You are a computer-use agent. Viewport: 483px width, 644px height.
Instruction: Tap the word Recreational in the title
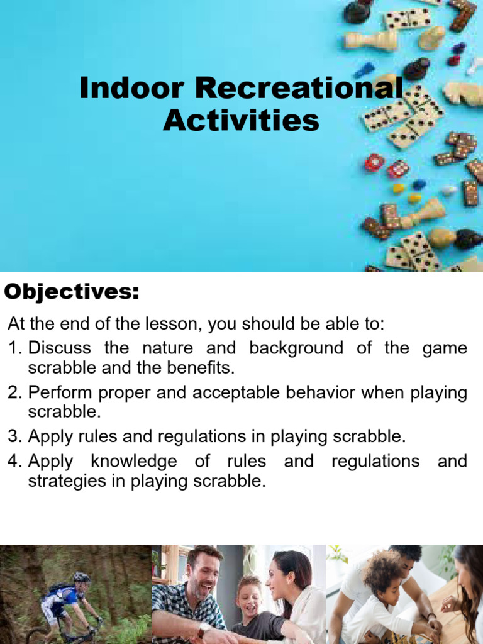[299, 89]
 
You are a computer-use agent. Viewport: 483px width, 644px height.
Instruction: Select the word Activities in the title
[241, 121]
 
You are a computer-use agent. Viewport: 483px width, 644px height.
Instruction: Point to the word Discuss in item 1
[60, 348]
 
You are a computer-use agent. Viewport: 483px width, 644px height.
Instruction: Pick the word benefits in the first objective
[201, 367]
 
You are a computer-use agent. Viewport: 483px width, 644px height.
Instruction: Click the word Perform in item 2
[60, 393]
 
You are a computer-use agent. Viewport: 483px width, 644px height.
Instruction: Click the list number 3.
[14, 436]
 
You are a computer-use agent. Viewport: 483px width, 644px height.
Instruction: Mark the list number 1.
[14, 348]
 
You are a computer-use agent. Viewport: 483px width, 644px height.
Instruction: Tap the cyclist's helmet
[81, 577]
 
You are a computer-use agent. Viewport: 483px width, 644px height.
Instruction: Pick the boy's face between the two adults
[250, 596]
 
